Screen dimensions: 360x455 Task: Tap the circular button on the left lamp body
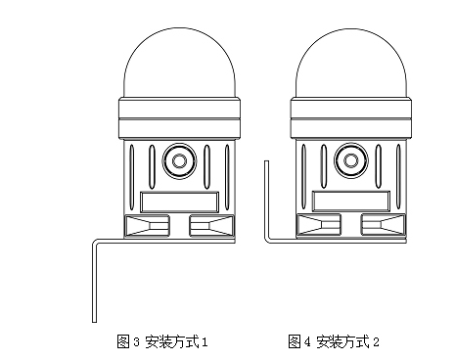tap(178, 158)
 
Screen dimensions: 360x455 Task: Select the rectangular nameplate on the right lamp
tap(348, 202)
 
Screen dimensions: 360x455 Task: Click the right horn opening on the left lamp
tap(210, 227)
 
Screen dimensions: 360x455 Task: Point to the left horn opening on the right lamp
tap(316, 227)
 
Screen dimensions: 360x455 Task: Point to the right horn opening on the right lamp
tap(382, 227)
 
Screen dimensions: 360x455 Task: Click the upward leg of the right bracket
tap(266, 201)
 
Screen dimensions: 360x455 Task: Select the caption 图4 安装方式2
tap(334, 341)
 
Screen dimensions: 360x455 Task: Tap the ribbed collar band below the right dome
tap(348, 117)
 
